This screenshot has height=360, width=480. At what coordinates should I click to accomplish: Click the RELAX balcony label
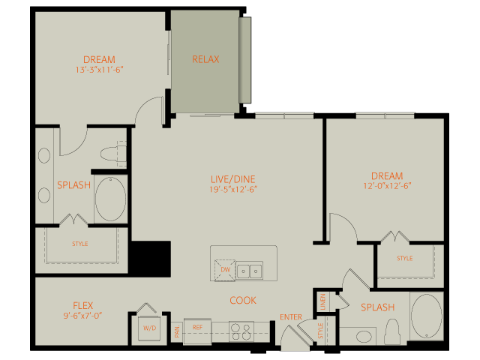[x=205, y=59]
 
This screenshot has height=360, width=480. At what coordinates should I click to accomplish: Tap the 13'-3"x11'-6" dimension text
[x=99, y=70]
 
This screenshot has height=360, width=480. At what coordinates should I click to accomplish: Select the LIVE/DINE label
[x=233, y=179]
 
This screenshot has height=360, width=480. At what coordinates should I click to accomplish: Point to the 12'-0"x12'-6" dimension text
[x=387, y=186]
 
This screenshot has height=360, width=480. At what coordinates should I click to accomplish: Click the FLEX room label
[x=83, y=305]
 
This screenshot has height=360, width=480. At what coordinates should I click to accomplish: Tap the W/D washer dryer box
[x=149, y=328]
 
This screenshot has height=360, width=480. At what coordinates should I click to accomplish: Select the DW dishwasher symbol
[x=225, y=270]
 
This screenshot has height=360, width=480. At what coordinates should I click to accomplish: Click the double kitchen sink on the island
[x=250, y=270]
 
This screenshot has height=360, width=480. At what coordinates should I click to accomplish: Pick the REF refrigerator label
[x=198, y=327]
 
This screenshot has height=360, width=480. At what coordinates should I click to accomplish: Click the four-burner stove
[x=241, y=331]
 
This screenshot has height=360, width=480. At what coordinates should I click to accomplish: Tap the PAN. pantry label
[x=177, y=331]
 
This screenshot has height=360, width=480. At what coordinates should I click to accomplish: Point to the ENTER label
[x=291, y=317]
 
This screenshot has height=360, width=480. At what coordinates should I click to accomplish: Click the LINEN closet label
[x=322, y=301]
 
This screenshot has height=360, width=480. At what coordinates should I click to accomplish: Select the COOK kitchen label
[x=243, y=300]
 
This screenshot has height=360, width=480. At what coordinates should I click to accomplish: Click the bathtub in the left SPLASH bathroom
[x=110, y=199]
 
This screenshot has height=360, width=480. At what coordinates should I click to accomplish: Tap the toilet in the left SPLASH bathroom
[x=113, y=153]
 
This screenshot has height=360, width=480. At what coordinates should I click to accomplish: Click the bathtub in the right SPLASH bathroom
[x=427, y=316]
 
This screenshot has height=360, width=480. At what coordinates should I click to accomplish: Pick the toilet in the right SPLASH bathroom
[x=392, y=331]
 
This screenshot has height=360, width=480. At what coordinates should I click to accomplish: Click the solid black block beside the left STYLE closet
[x=151, y=259]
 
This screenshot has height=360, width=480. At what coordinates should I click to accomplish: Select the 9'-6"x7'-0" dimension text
[x=82, y=315]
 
